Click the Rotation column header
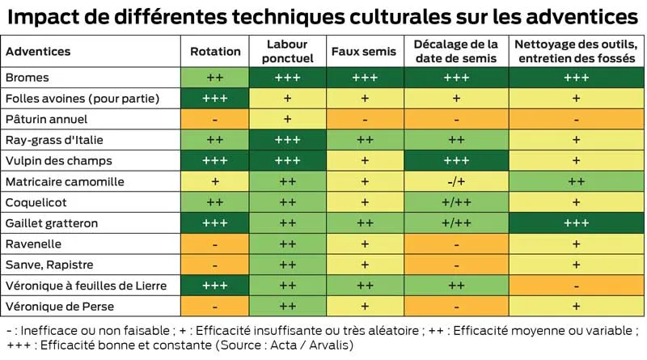click(215, 51)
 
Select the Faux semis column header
click(364, 51)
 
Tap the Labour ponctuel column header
click(287, 51)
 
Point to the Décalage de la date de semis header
click(456, 51)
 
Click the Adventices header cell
click(38, 51)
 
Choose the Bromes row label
click(27, 78)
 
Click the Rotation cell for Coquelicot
click(215, 202)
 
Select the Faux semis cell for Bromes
click(364, 78)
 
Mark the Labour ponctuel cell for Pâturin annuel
click(287, 119)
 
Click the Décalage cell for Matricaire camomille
click(456, 182)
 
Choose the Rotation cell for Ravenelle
click(215, 244)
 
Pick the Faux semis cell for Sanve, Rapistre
click(364, 265)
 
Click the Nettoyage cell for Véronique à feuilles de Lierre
click(576, 286)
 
